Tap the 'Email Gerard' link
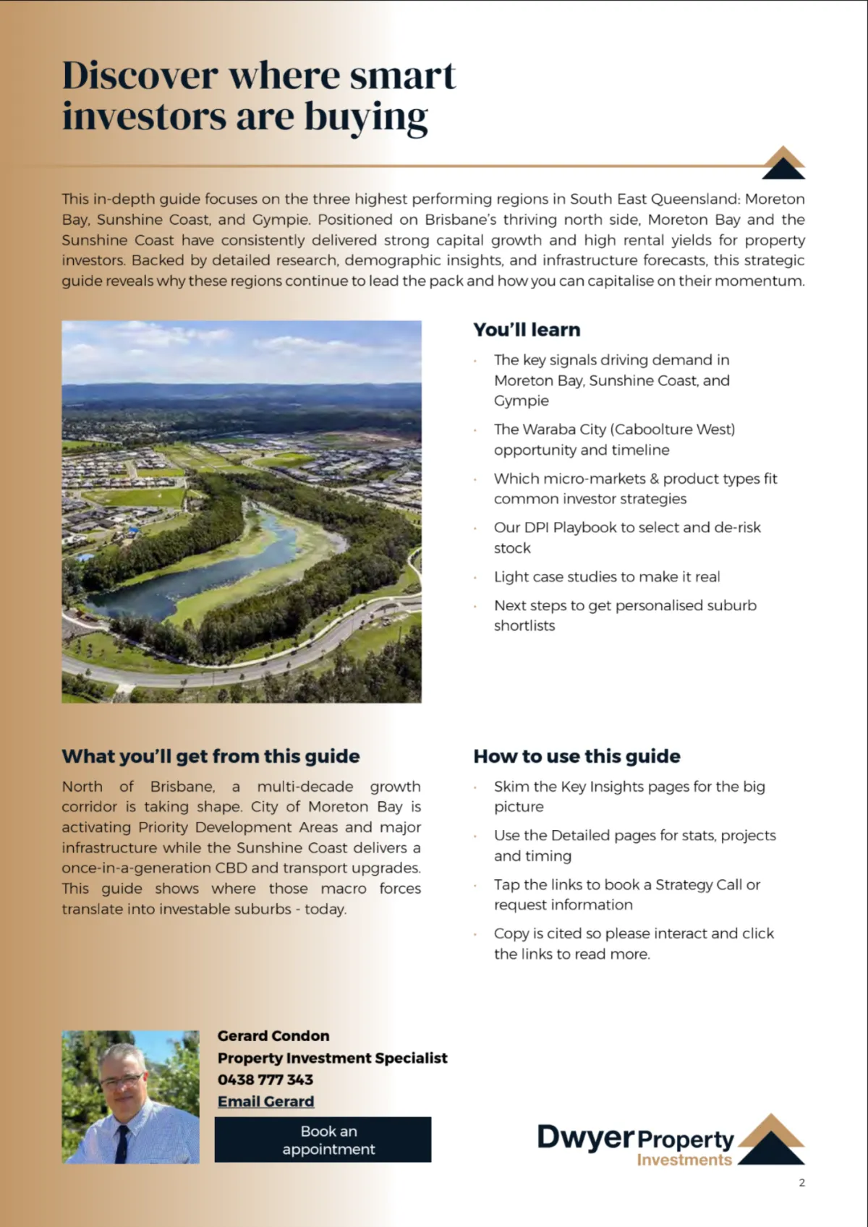click(265, 1101)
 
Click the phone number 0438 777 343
click(265, 1079)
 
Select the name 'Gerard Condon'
click(273, 1036)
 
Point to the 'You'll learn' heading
click(527, 330)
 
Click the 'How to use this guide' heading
click(576, 756)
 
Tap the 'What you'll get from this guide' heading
click(210, 756)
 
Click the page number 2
click(801, 1183)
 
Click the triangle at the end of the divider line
click(784, 163)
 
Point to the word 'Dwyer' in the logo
click(585, 1137)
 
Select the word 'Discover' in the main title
click(140, 75)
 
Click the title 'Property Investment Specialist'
click(332, 1058)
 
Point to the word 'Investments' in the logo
click(684, 1160)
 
